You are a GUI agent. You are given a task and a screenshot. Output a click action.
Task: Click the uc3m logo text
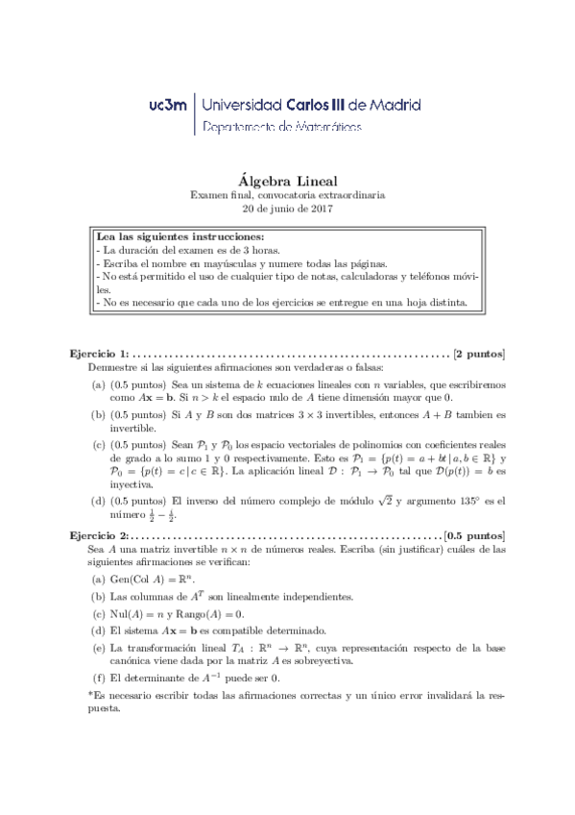click(170, 104)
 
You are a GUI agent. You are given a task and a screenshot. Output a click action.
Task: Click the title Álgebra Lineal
click(286, 178)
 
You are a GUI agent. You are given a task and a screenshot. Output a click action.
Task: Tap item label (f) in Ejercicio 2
click(97, 679)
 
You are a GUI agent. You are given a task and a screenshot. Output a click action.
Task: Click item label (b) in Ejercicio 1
click(98, 414)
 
